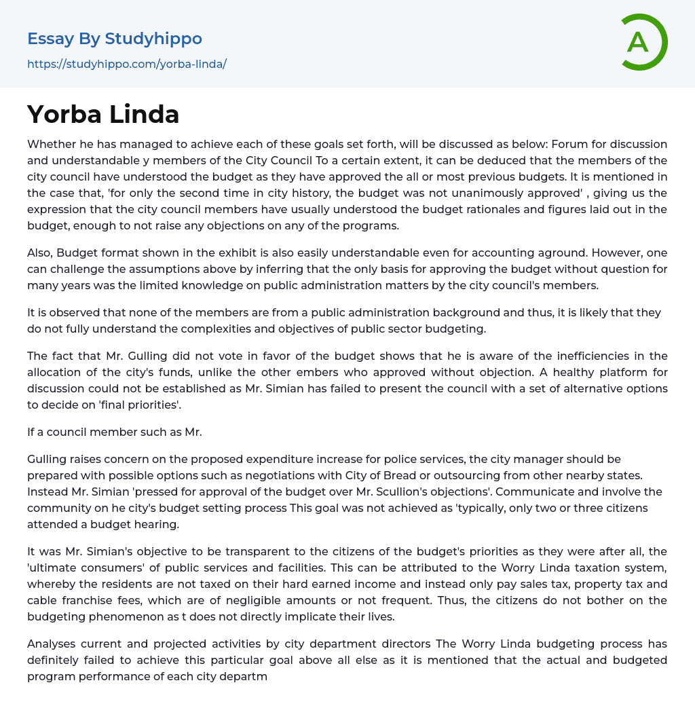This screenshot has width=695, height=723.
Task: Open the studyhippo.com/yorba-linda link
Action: (x=127, y=64)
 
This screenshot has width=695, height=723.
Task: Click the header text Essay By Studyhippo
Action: (x=115, y=39)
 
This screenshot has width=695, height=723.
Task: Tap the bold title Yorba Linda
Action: (x=103, y=114)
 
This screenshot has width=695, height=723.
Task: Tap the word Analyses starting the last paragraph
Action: (x=54, y=644)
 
